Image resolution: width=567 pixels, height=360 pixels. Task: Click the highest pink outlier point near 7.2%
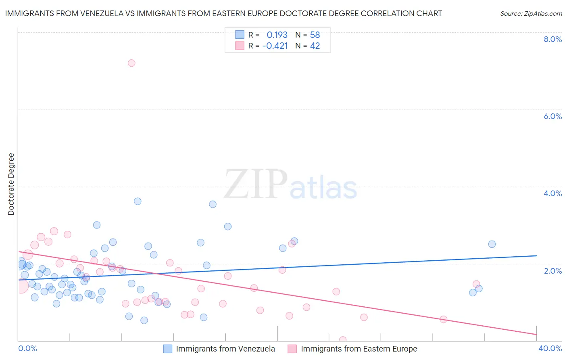coord(131,63)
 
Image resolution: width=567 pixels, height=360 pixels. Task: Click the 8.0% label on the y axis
coord(552,39)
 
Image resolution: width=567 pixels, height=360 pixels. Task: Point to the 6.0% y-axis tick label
coord(552,116)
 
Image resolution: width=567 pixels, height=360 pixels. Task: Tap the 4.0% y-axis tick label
coord(552,193)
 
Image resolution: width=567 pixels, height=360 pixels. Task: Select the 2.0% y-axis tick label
coord(552,271)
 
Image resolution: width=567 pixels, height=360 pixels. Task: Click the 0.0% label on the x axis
coord(27,348)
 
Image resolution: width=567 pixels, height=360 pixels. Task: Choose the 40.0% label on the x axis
coord(550,348)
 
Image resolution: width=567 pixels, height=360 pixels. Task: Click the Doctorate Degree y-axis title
coord(11,184)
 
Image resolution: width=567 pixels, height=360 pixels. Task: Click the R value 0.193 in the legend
coord(277,35)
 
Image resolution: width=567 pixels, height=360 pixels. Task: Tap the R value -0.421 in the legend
coord(275,46)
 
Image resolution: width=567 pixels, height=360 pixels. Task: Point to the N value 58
coord(315,35)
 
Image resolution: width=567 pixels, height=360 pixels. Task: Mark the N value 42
coord(315,46)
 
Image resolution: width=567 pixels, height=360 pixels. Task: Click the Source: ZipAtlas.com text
coord(531,13)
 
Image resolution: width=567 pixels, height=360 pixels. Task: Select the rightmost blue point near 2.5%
coord(492,244)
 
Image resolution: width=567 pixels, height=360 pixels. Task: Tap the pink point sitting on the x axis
coord(343,340)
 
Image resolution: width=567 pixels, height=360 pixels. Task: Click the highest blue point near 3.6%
coord(138,201)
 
